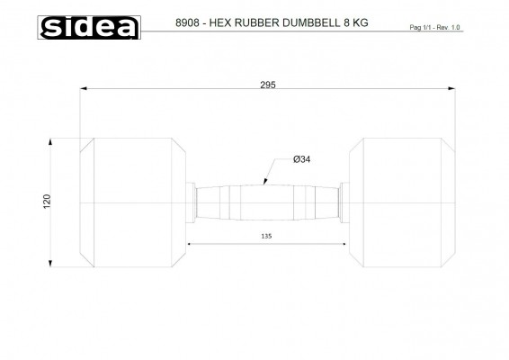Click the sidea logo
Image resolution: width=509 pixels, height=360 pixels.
pos(89,27)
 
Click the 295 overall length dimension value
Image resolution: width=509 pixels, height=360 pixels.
pos(268,85)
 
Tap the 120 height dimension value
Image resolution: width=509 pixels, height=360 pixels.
pos(47,202)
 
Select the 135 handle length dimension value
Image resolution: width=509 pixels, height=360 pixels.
pos(266,236)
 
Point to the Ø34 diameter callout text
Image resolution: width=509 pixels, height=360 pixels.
pos(301,159)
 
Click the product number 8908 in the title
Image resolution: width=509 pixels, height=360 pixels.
pos(187,22)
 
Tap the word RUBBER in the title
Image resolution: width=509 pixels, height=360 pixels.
pos(257,22)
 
